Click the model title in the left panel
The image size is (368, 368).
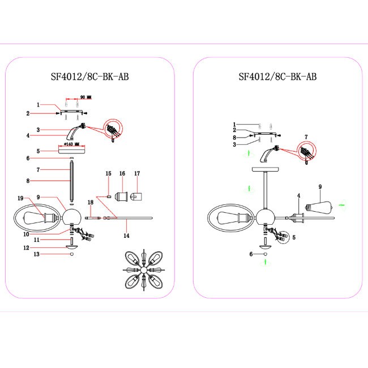(x=90, y=76)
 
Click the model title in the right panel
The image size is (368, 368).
(x=277, y=76)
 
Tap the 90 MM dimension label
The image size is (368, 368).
(x=86, y=97)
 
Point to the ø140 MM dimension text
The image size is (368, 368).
(x=71, y=144)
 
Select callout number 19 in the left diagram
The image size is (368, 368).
(x=20, y=198)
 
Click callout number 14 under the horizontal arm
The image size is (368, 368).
(x=126, y=236)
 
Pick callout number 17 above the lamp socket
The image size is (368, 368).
(x=137, y=173)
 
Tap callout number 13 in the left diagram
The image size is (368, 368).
(x=37, y=254)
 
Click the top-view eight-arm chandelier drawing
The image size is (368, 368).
(x=144, y=270)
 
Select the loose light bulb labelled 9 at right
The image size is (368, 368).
(x=319, y=207)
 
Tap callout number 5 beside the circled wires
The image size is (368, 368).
(x=294, y=238)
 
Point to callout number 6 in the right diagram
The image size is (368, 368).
(x=251, y=254)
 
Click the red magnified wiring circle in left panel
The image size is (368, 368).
(x=113, y=129)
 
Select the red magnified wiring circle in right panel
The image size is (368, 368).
(x=306, y=152)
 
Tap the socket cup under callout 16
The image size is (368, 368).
(x=121, y=196)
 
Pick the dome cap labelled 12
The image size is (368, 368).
(x=72, y=247)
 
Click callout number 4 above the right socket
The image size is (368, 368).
(x=298, y=195)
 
